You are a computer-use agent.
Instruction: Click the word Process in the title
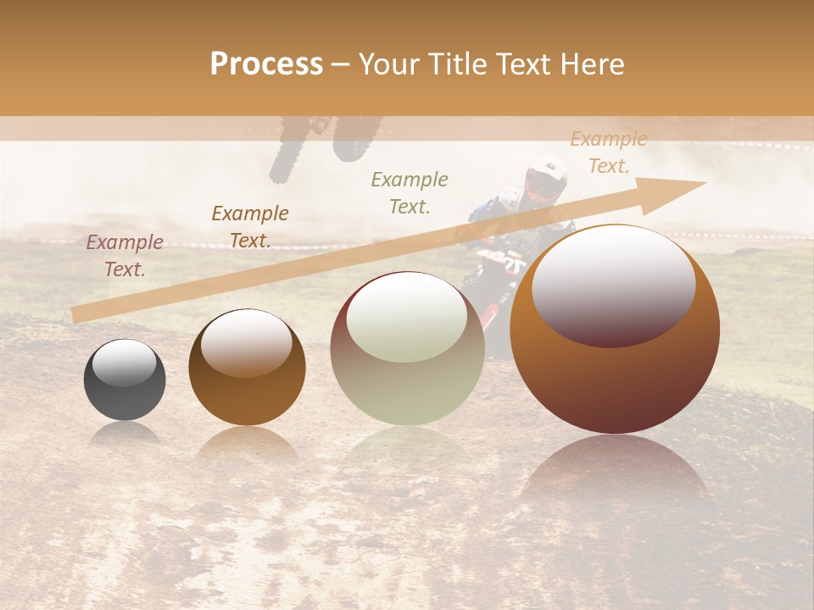coord(266,64)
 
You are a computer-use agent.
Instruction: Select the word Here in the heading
coord(593,64)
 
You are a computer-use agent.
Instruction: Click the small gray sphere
coord(125,381)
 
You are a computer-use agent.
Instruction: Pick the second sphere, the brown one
coord(247,369)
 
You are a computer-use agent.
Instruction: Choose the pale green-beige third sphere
coord(407,349)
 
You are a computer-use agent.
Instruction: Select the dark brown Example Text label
coord(250,227)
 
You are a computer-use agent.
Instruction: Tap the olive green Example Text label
coord(410,192)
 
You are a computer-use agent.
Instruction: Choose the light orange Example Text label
coord(608,152)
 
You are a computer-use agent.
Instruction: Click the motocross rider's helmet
coord(545,180)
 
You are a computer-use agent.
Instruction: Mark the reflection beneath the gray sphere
coord(125,434)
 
